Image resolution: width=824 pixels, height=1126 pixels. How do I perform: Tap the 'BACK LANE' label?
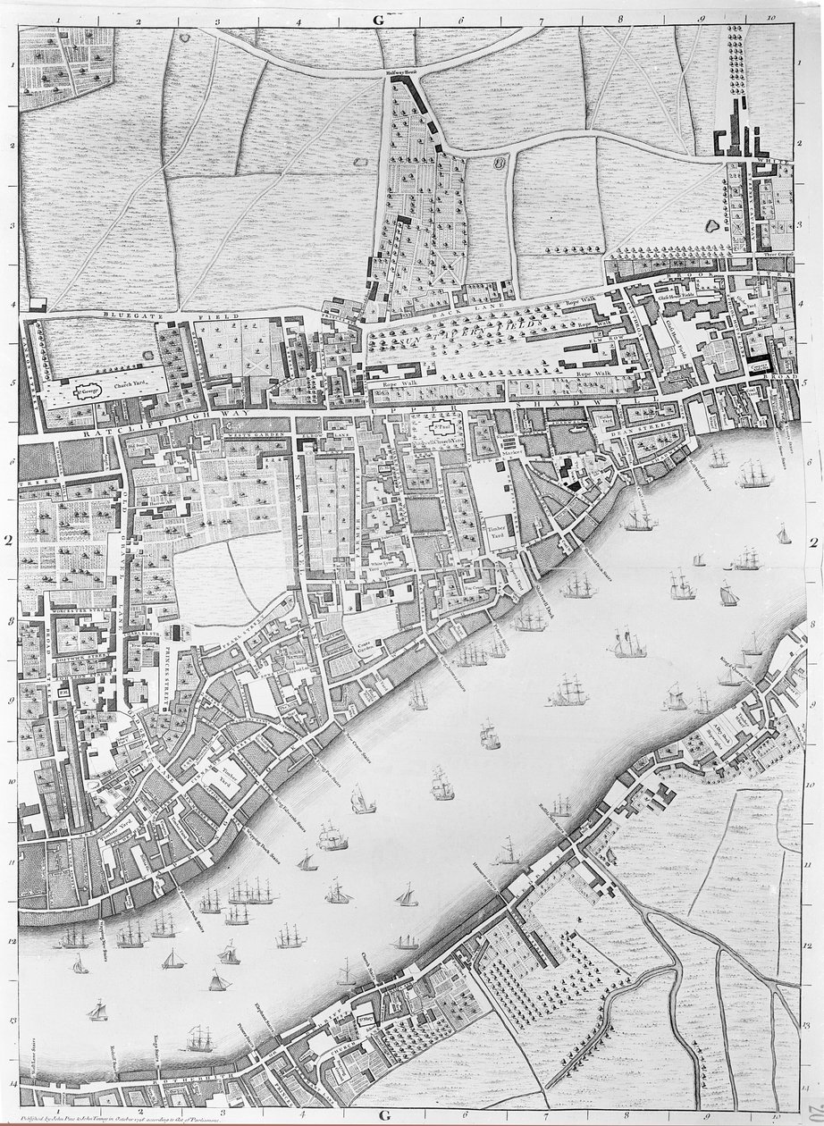(474, 305)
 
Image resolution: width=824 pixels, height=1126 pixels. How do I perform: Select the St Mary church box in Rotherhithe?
(365, 1015)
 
